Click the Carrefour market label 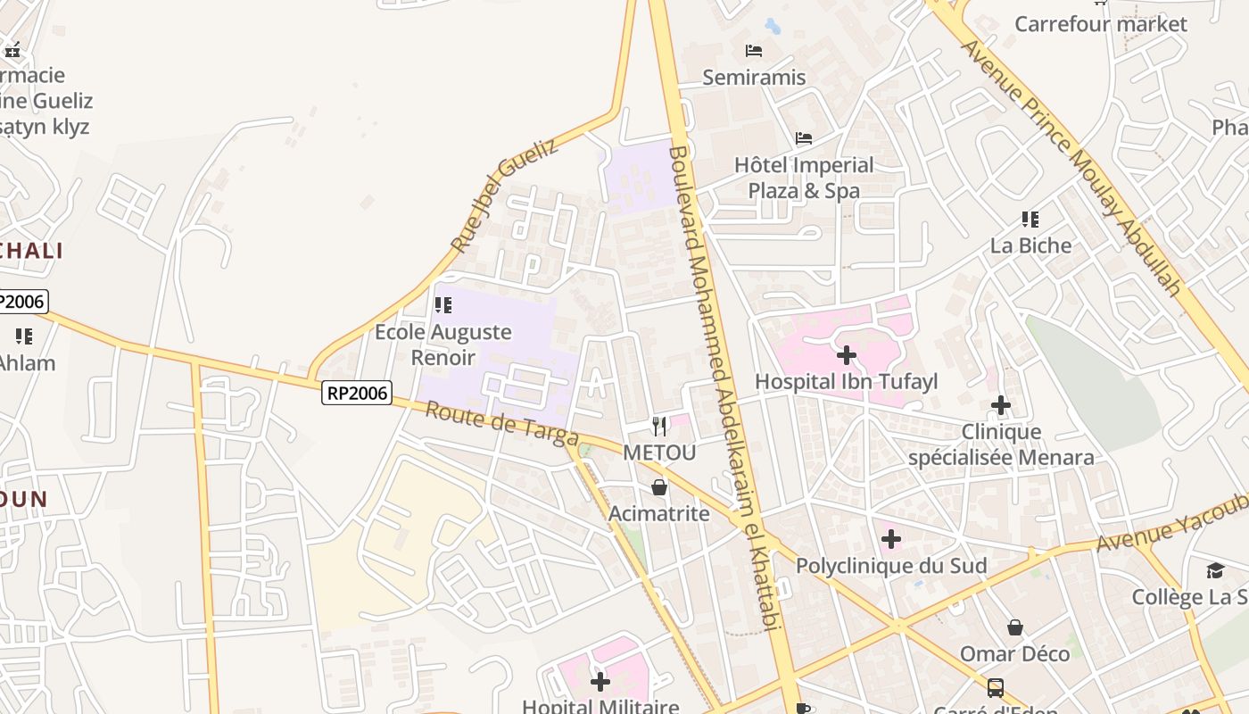1100,24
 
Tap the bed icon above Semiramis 754,51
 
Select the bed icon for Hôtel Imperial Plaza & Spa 804,138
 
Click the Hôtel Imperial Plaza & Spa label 804,178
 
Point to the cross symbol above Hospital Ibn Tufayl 847,356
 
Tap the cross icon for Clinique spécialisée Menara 1001,406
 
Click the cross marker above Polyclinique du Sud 890,540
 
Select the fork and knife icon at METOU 659,427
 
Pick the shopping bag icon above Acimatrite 659,487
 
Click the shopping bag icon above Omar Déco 1014,628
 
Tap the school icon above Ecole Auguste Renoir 443,306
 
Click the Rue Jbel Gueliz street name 504,195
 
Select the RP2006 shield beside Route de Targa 357,393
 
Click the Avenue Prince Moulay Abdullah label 1071,166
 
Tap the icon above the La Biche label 1030,220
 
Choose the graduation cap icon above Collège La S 1215,571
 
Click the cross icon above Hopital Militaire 600,683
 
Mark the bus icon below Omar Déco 996,688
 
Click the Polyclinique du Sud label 890,566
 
